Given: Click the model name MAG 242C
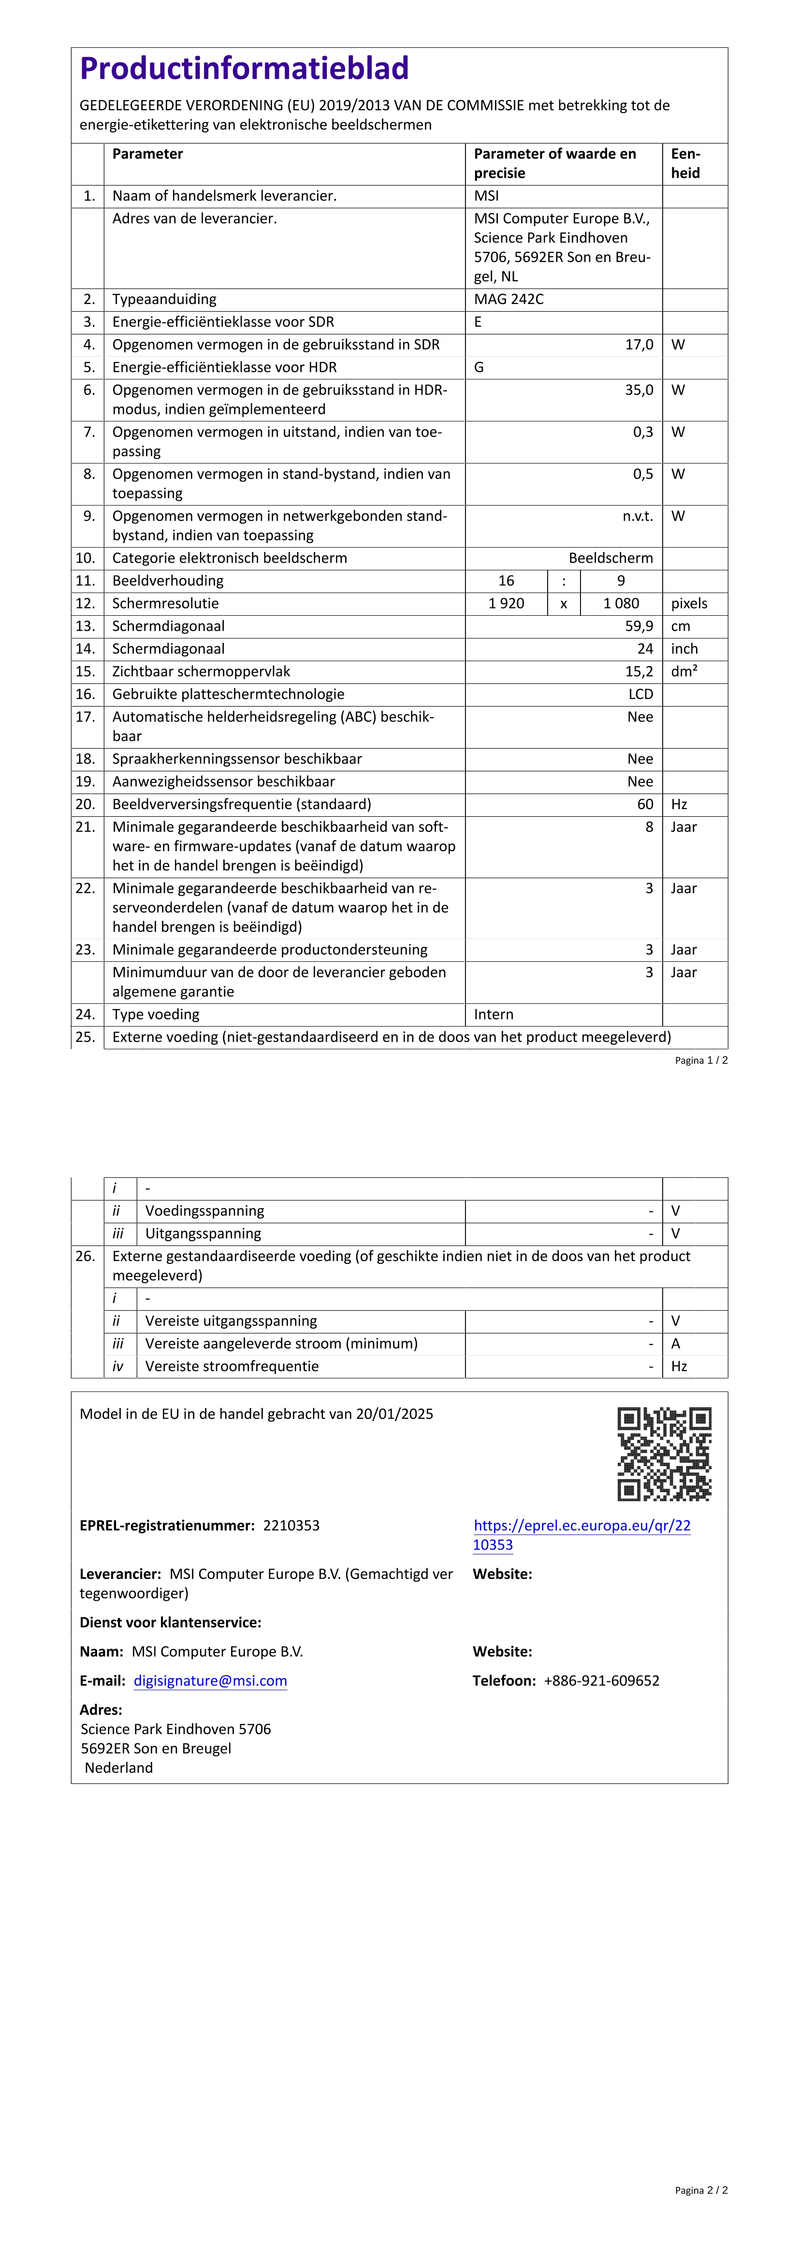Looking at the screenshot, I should (508, 299).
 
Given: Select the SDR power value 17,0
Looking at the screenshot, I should (639, 345).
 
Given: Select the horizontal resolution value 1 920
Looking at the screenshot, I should (506, 604).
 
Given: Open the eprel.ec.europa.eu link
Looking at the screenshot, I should (581, 1535).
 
